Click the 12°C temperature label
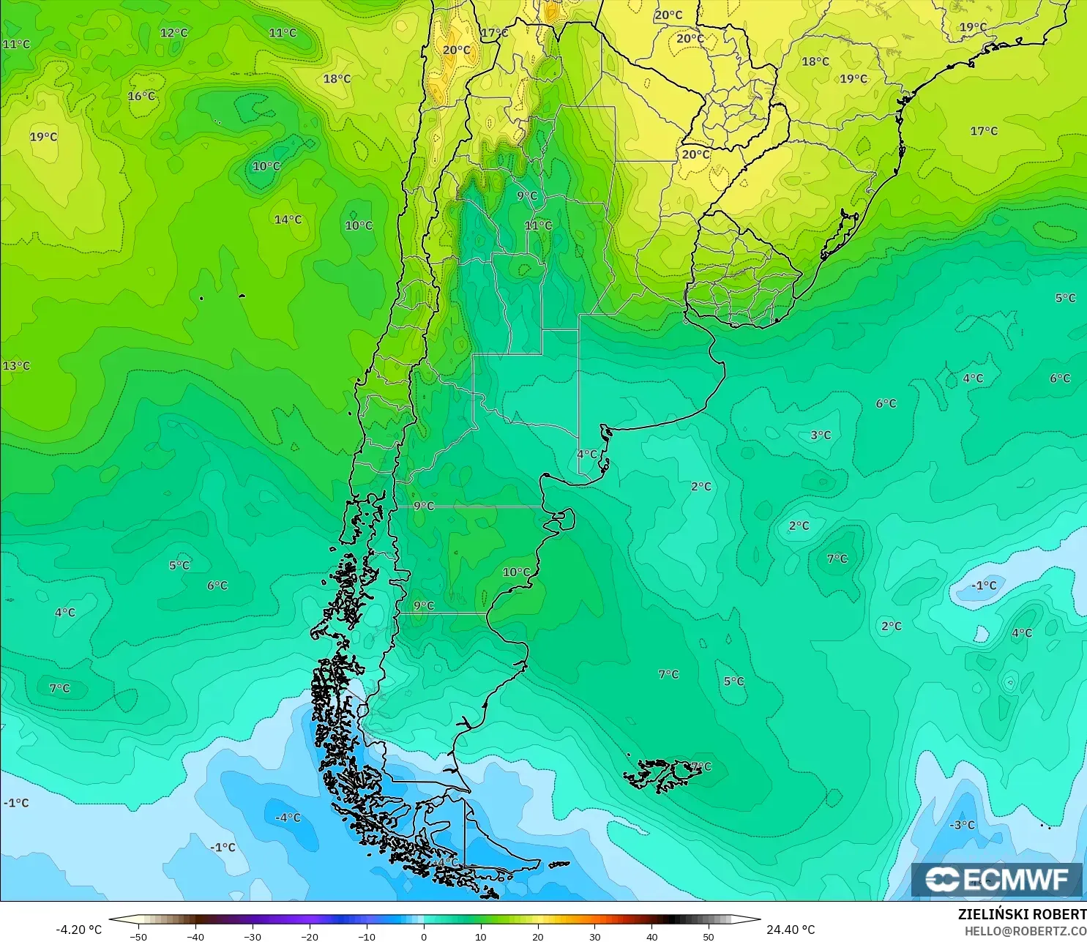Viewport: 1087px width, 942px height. [x=174, y=33]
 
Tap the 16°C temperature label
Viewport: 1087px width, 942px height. [x=141, y=96]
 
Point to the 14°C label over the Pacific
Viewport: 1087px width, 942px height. [x=288, y=220]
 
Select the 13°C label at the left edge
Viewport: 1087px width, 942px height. [x=16, y=366]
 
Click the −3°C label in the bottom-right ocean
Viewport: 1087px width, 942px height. [x=962, y=825]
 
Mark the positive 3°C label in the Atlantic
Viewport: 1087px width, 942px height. [x=821, y=435]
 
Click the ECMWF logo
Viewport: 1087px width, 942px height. [x=996, y=879]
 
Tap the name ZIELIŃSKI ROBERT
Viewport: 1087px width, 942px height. [x=1022, y=914]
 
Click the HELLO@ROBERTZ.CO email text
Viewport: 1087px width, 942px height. [x=1025, y=931]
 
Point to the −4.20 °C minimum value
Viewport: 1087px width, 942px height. [x=79, y=930]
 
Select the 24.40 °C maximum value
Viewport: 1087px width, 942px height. [x=791, y=930]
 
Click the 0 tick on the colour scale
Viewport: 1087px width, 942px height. [x=424, y=936]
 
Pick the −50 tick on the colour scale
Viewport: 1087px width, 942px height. [x=138, y=936]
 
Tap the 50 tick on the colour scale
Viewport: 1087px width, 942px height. [x=709, y=936]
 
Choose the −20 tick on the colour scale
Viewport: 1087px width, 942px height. [x=310, y=936]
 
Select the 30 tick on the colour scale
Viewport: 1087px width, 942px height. [x=594, y=936]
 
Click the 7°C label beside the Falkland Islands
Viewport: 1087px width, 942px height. [x=701, y=766]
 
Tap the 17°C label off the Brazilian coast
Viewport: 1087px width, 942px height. [x=984, y=131]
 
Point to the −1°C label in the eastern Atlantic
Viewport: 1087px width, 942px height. [x=984, y=586]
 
